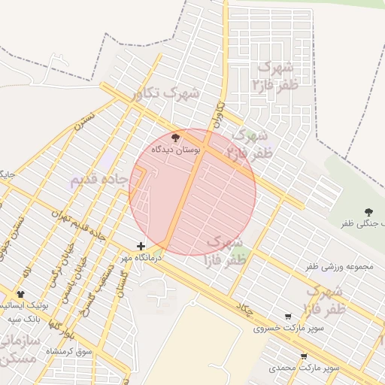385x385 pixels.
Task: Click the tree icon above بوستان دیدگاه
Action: pyautogui.click(x=177, y=138)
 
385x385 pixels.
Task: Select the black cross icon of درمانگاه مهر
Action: pyautogui.click(x=141, y=246)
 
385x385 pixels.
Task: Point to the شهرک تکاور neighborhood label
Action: pyautogui.click(x=165, y=94)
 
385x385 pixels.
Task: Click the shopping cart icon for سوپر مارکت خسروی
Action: pyautogui.click(x=289, y=317)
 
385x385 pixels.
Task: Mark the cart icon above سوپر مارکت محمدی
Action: pyautogui.click(x=304, y=356)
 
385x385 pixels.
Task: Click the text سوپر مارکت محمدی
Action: pyautogui.click(x=304, y=368)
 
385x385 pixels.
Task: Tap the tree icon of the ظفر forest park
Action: pyautogui.click(x=368, y=213)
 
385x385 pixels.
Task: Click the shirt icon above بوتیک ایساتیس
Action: pyautogui.click(x=20, y=294)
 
